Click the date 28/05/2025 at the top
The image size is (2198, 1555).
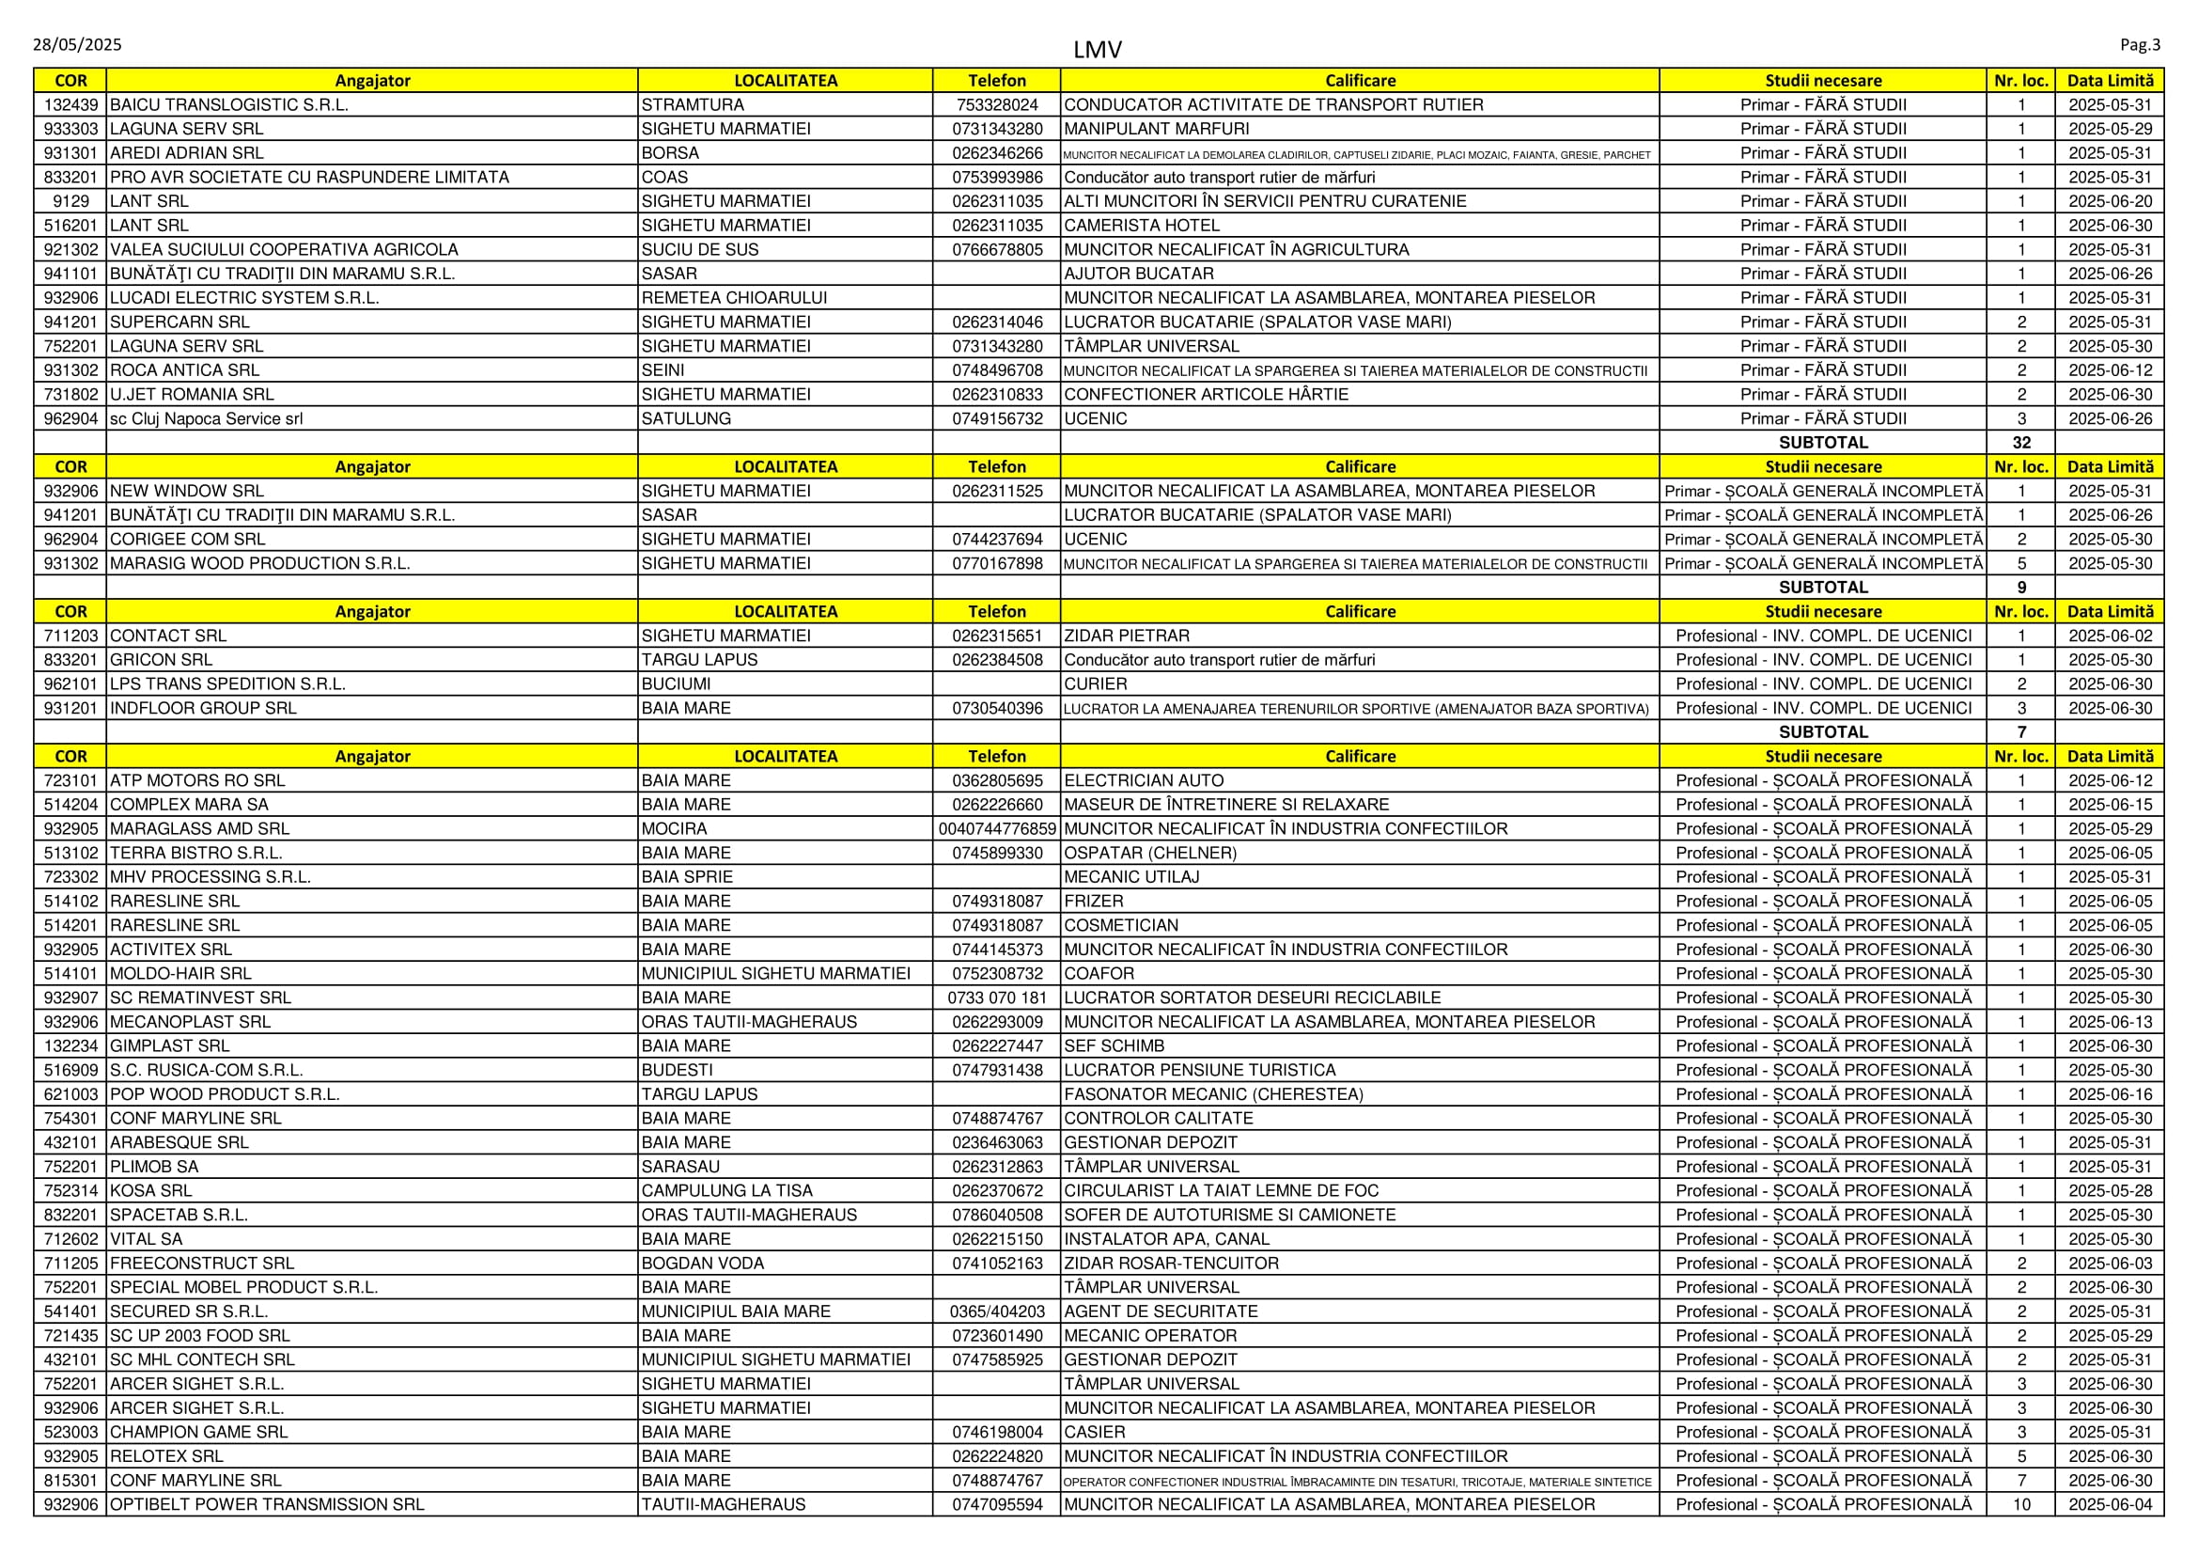point(76,44)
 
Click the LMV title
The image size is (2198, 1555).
point(1097,49)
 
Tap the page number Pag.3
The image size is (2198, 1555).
point(2140,44)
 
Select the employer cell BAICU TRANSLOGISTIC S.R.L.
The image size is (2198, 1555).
point(228,104)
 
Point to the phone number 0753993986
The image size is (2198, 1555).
point(996,177)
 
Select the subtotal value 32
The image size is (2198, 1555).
point(2021,443)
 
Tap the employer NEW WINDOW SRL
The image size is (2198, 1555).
point(187,490)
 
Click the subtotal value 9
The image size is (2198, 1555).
point(2021,587)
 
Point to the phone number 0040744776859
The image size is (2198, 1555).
point(996,828)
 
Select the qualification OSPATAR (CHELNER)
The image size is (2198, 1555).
point(1149,852)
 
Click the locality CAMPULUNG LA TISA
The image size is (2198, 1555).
point(726,1190)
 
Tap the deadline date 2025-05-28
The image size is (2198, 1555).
point(2110,1190)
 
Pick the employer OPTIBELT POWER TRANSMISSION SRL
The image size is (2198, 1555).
point(266,1504)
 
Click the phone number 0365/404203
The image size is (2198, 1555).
point(996,1311)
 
